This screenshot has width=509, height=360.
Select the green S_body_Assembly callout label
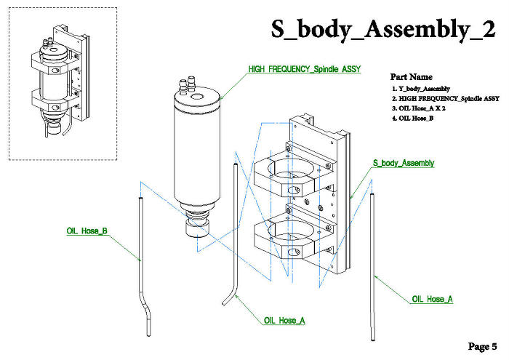point(403,163)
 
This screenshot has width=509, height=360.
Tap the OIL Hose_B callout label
point(87,231)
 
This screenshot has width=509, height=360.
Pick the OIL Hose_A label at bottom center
point(284,320)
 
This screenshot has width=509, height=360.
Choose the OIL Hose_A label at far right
point(432,299)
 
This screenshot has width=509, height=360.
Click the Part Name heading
point(411,76)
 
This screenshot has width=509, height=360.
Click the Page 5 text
point(482,345)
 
